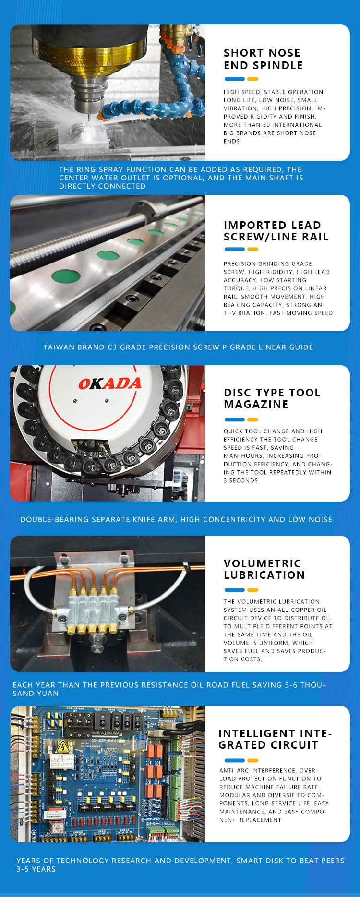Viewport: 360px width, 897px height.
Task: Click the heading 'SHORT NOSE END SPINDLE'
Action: pos(263,59)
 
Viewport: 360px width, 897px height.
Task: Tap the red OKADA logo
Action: pos(110,383)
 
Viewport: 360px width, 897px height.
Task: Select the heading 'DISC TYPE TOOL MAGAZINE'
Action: pos(272,398)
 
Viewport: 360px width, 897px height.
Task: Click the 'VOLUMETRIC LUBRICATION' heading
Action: pos(264,569)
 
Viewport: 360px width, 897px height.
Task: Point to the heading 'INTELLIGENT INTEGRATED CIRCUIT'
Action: pos(275,739)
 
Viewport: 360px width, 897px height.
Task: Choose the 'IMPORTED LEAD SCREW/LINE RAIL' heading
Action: pos(276,231)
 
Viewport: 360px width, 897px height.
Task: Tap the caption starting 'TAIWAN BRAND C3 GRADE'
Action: pos(178,347)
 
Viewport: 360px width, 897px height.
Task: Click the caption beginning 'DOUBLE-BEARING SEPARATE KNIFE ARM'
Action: pos(176,519)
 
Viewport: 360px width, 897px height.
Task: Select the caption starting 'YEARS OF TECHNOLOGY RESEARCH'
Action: pos(180,865)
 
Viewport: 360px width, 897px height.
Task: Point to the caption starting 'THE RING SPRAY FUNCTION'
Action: pos(181,178)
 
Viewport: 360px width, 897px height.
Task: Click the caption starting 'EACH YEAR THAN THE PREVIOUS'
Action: pos(169,689)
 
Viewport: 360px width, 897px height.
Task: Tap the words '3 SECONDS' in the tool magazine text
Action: pos(240,480)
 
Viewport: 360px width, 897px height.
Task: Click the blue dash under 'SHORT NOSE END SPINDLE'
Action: pos(235,79)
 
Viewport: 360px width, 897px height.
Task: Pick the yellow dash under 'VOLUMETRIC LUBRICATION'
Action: pos(252,590)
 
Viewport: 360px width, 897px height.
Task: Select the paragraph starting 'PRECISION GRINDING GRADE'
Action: pos(278,288)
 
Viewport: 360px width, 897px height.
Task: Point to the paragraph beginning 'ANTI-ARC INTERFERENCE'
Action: pos(274,795)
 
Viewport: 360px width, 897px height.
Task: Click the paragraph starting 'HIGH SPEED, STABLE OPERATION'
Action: pos(274,117)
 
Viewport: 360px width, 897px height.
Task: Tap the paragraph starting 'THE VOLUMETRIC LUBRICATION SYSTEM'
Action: pos(278,630)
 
